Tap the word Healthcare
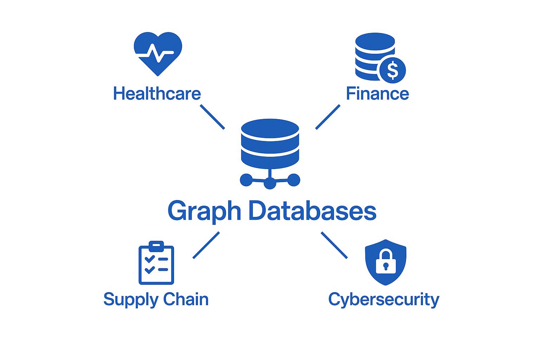157,94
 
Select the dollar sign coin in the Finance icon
392,70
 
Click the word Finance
377,94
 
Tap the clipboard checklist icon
156,263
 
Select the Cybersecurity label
384,300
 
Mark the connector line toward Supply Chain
206,245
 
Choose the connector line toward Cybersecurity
334,245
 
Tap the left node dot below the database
246,180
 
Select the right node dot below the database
294,180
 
